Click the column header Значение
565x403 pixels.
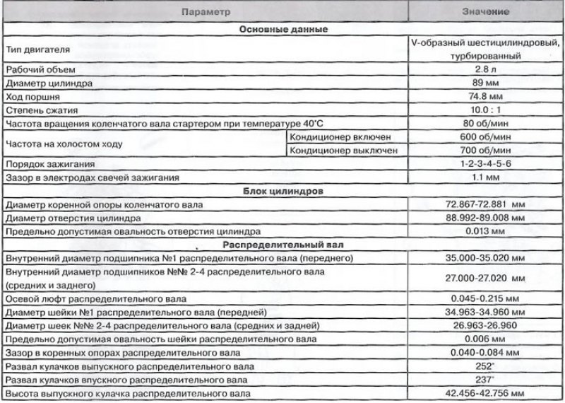pyautogui.click(x=487, y=13)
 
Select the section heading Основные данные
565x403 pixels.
pyautogui.click(x=282, y=30)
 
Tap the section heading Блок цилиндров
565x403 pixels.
pyautogui.click(x=282, y=191)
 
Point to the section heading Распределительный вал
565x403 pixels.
pyautogui.click(x=282, y=245)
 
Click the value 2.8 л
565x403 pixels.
pyautogui.click(x=487, y=69)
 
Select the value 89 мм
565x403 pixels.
pyautogui.click(x=487, y=83)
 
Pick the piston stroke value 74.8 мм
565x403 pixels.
pyautogui.click(x=487, y=96)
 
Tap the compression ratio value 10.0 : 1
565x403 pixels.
pyautogui.click(x=487, y=110)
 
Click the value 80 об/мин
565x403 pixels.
pyautogui.click(x=487, y=123)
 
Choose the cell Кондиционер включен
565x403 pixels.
pyautogui.click(x=345, y=136)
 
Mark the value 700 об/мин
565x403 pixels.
pyautogui.click(x=487, y=150)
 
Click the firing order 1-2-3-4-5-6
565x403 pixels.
pyautogui.click(x=487, y=164)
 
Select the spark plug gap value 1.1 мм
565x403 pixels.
pyautogui.click(x=487, y=177)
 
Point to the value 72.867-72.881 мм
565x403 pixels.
pyautogui.click(x=487, y=204)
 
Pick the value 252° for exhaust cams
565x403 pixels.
pyautogui.click(x=487, y=366)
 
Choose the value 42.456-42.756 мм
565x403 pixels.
pyautogui.click(x=487, y=393)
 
